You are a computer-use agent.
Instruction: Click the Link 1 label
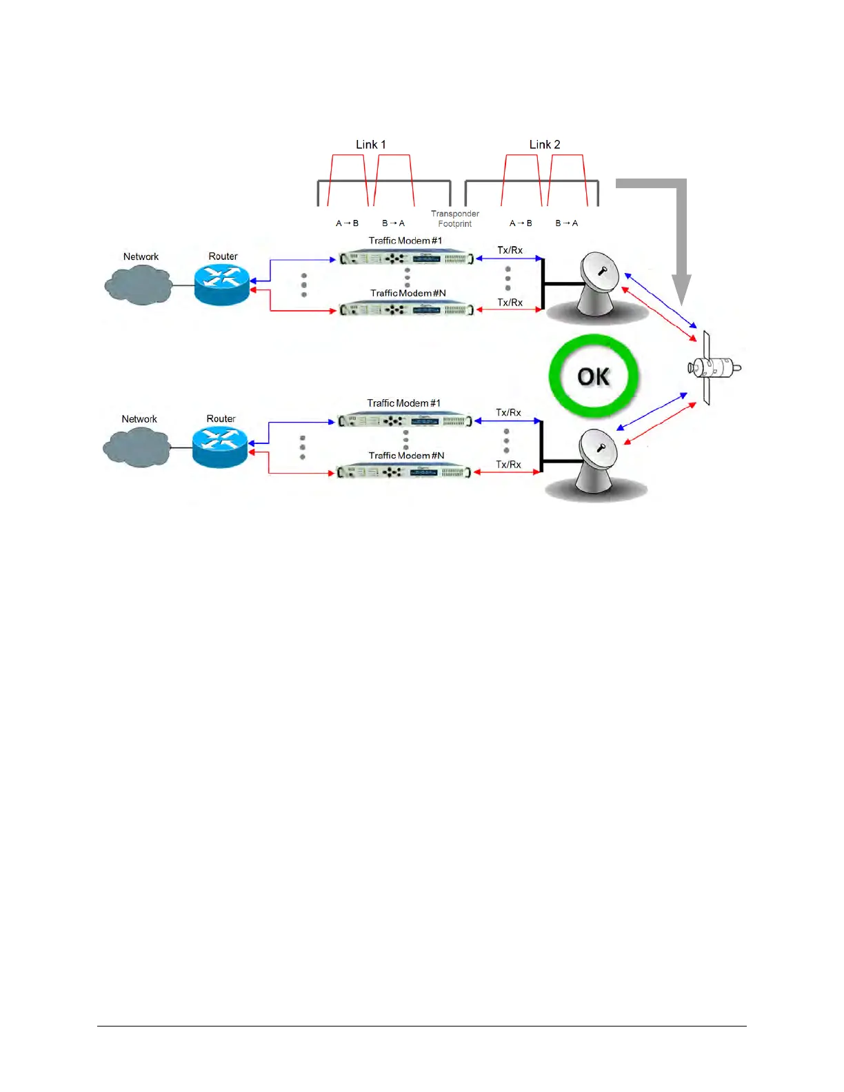click(x=370, y=145)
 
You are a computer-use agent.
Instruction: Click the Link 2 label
click(x=544, y=145)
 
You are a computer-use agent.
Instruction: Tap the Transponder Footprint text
click(x=455, y=219)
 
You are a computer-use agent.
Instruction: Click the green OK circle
click(x=594, y=376)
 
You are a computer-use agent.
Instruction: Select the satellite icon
click(x=713, y=367)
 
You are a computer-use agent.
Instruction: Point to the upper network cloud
click(x=139, y=283)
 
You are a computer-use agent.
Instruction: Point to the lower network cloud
click(x=137, y=446)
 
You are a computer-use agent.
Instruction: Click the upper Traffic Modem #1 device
click(x=406, y=259)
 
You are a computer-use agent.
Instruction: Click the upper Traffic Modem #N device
click(x=406, y=310)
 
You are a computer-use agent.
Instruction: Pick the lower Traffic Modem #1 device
click(x=405, y=421)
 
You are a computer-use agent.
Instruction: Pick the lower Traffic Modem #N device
click(x=404, y=472)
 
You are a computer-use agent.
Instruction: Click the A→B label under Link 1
click(x=347, y=223)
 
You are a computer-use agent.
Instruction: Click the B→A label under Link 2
click(x=567, y=223)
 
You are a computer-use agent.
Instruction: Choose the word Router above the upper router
click(x=223, y=256)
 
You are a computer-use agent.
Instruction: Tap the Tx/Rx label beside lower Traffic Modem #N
click(x=508, y=465)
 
